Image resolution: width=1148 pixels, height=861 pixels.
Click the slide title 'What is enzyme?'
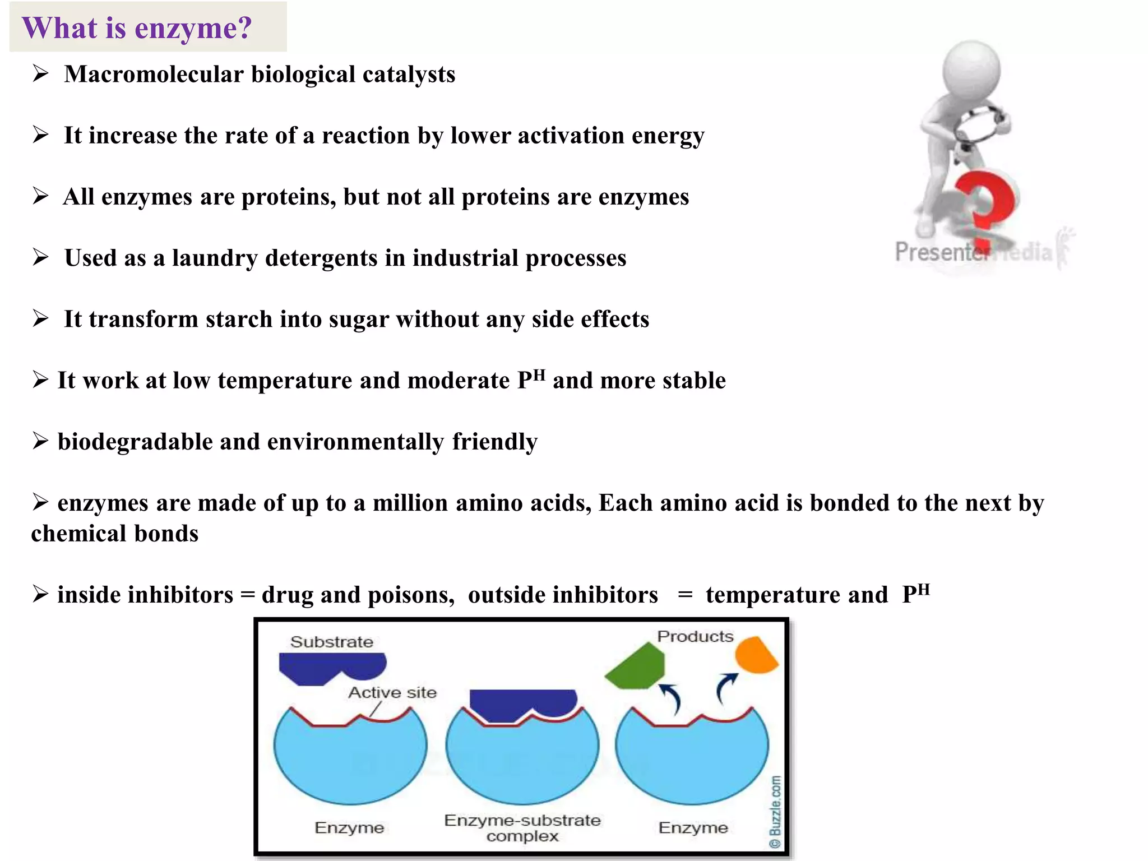137,28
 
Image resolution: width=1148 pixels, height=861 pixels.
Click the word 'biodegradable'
135,442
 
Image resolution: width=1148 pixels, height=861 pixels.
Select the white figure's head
971,70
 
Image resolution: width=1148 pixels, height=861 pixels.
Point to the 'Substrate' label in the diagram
331,642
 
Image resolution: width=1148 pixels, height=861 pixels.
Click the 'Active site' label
392,693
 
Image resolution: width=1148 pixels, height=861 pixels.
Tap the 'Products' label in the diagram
695,637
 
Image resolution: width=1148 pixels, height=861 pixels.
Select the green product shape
637,667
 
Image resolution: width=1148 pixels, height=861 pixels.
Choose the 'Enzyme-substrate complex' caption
522,828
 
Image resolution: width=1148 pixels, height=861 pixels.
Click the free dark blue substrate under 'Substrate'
331,667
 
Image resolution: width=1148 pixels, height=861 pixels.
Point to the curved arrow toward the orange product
725,688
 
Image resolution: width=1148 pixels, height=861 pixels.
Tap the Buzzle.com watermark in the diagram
775,812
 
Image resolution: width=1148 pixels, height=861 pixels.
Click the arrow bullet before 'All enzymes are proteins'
40,196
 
